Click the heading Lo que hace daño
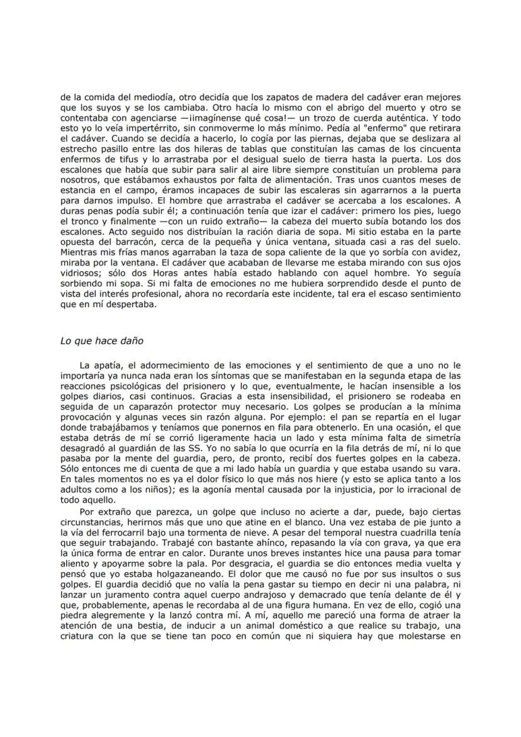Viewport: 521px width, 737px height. tap(102, 340)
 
